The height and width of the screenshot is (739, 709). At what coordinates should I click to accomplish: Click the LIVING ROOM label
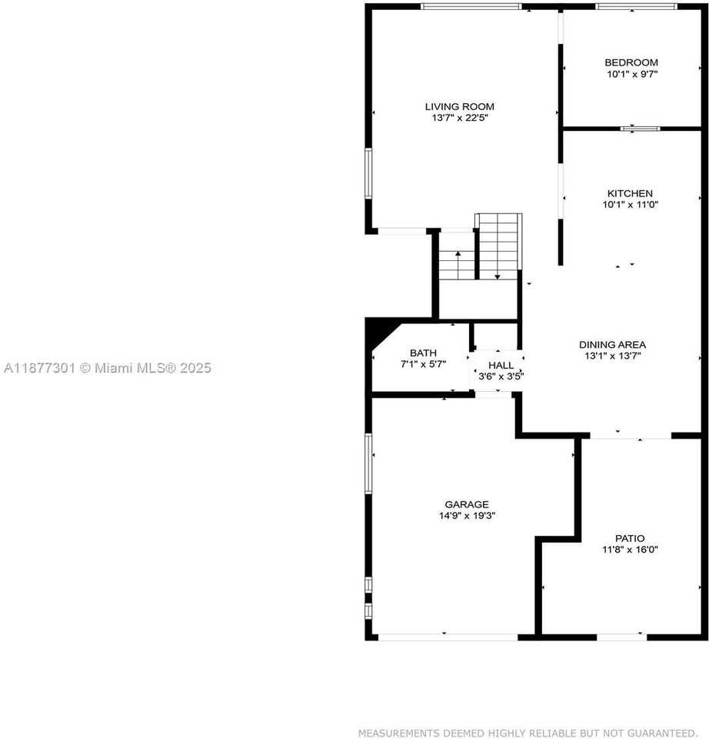(460, 106)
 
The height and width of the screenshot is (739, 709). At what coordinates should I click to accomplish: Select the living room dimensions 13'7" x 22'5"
(460, 118)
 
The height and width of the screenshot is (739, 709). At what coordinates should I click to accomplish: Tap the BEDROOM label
(631, 62)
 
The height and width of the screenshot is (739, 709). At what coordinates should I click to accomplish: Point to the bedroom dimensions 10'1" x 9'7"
(632, 74)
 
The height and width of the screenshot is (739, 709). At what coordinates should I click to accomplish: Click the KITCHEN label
(630, 193)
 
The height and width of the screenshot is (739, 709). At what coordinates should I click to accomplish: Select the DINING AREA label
(612, 344)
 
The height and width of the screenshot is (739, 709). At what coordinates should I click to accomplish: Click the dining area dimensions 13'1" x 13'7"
(612, 356)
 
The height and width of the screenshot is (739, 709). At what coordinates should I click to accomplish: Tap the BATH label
(423, 353)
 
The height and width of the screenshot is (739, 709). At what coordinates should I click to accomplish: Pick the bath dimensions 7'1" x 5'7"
(423, 364)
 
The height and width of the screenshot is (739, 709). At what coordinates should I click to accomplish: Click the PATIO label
(630, 538)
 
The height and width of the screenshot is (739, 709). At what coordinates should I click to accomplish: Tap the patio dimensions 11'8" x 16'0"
(631, 550)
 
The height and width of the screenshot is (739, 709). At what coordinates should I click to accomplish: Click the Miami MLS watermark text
(107, 369)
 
